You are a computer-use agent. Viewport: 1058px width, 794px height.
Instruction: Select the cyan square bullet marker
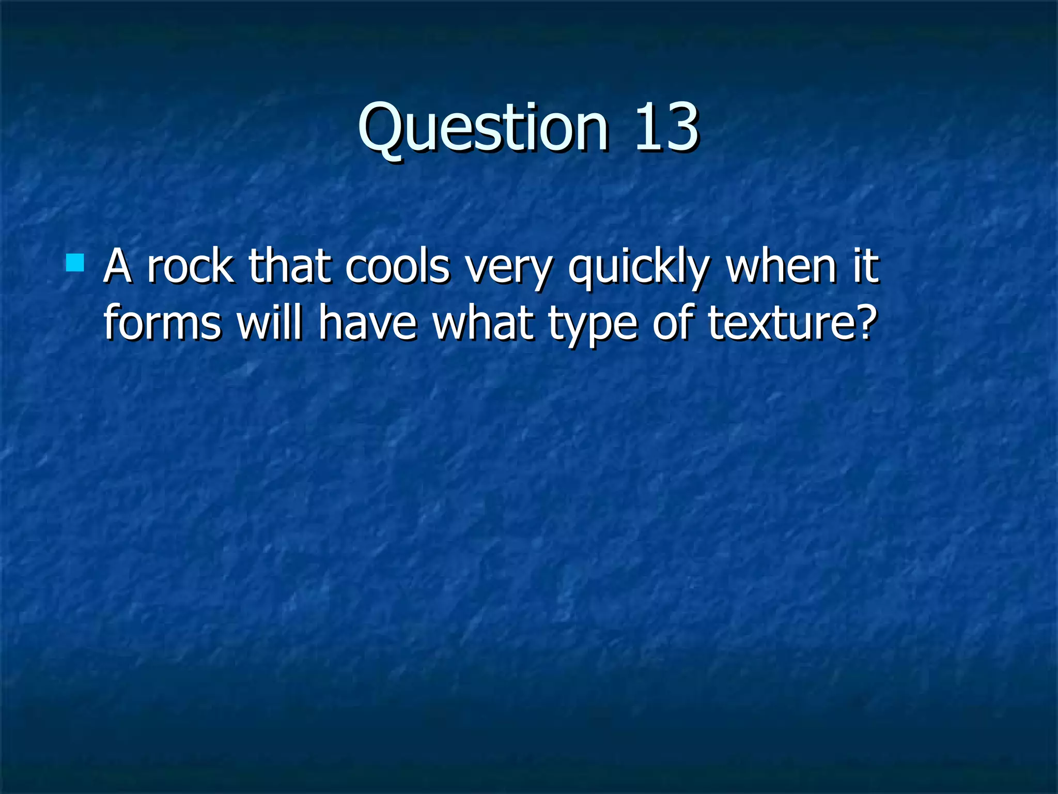pos(75,263)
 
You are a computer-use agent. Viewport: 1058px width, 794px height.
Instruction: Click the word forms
pos(163,323)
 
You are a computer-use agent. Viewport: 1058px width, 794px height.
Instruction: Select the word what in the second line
pos(483,323)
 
